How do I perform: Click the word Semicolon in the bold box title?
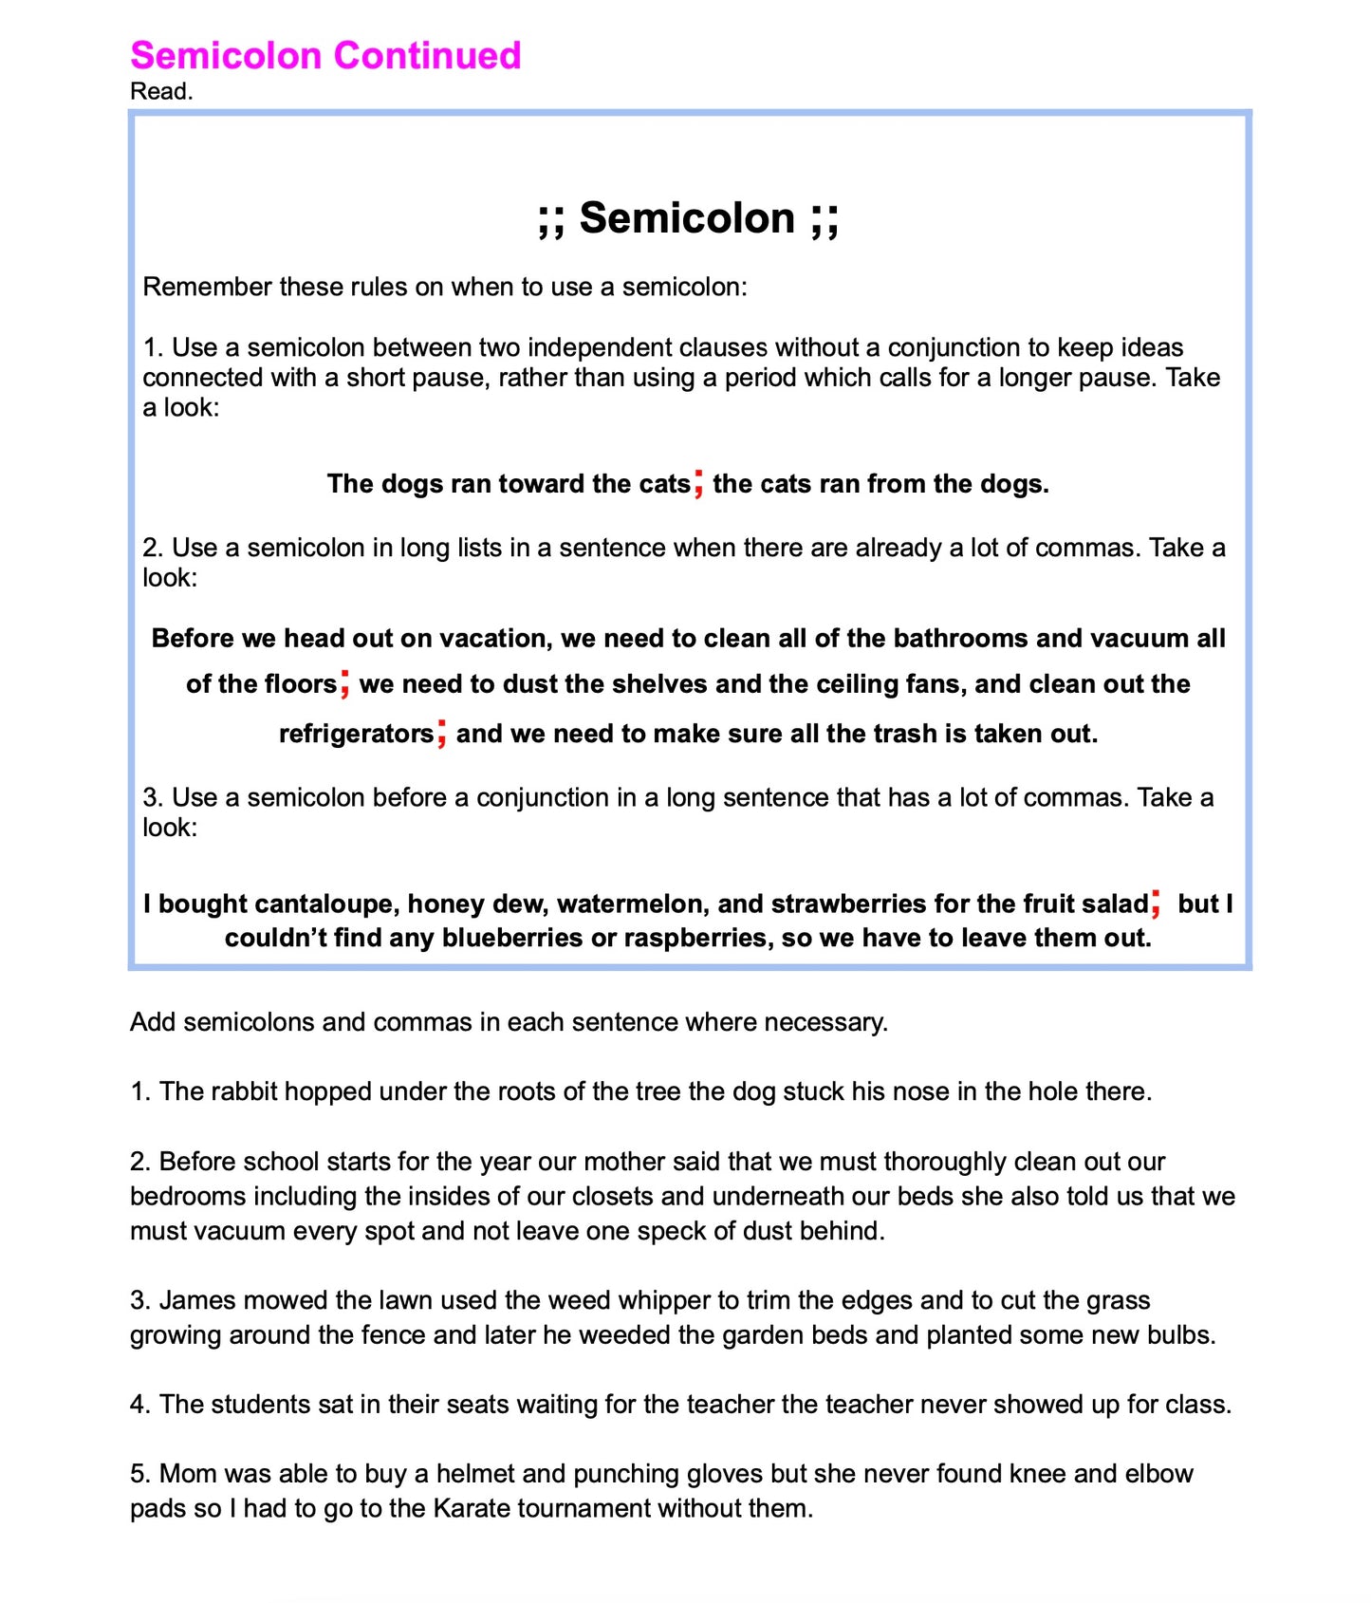(687, 218)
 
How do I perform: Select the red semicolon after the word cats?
(698, 482)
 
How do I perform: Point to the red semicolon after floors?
(345, 682)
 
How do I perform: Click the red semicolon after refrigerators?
(442, 733)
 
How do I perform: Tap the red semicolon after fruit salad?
(1156, 903)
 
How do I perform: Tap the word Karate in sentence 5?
(474, 1508)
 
